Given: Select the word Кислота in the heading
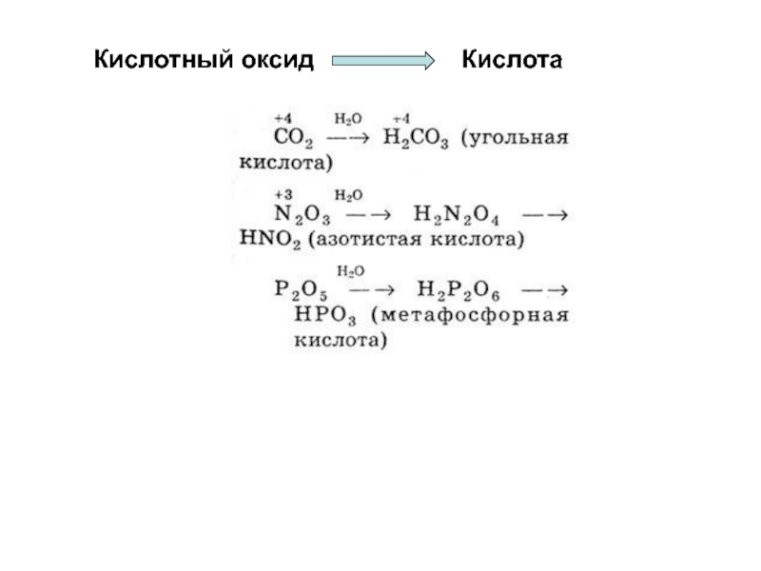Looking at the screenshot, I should click(x=512, y=61).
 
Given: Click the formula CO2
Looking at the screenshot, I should click(x=294, y=139).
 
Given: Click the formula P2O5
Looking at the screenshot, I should click(x=301, y=288).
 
